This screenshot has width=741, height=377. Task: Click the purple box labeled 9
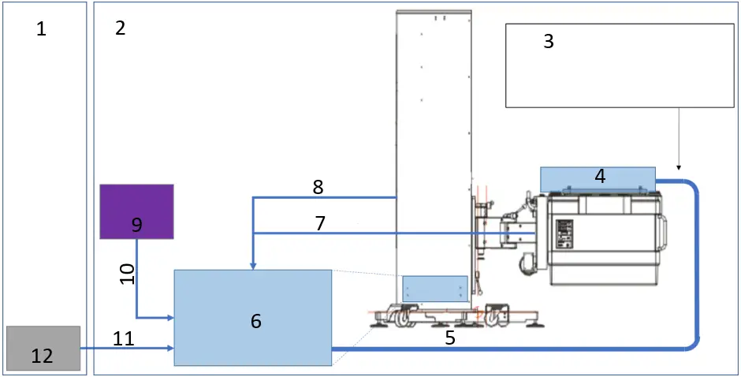(136, 211)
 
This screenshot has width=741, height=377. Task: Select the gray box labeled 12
(43, 348)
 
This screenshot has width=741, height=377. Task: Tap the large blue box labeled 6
(252, 317)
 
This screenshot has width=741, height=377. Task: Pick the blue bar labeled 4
(598, 177)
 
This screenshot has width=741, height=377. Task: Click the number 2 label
(120, 28)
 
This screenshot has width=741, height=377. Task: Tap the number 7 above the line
(320, 223)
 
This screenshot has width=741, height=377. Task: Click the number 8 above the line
(318, 187)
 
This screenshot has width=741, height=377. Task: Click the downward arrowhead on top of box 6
(252, 265)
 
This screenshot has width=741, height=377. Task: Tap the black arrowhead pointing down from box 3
(679, 166)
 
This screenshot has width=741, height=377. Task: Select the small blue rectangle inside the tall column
(435, 288)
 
